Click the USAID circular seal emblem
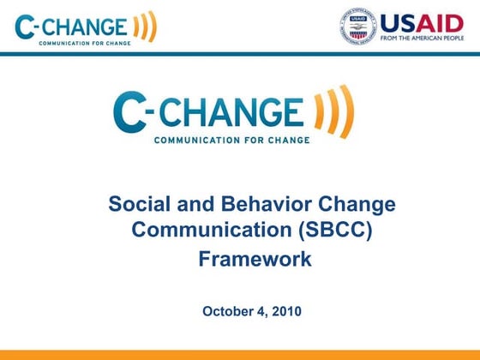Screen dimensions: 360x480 click(357, 26)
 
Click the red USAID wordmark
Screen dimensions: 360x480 click(423, 22)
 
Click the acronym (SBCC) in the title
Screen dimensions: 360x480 click(336, 231)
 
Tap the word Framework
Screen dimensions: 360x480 click(255, 258)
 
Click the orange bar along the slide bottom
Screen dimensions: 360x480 click(240, 354)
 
